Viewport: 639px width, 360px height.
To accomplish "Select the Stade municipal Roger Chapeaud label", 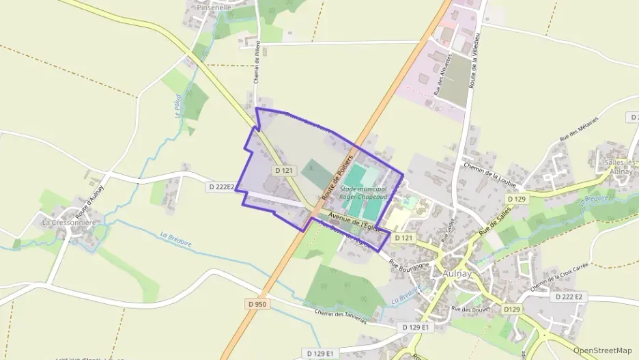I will tap(363, 193).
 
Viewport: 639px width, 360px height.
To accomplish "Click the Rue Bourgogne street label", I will tap(410, 264).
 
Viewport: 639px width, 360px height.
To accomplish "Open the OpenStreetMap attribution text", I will tap(603, 350).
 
